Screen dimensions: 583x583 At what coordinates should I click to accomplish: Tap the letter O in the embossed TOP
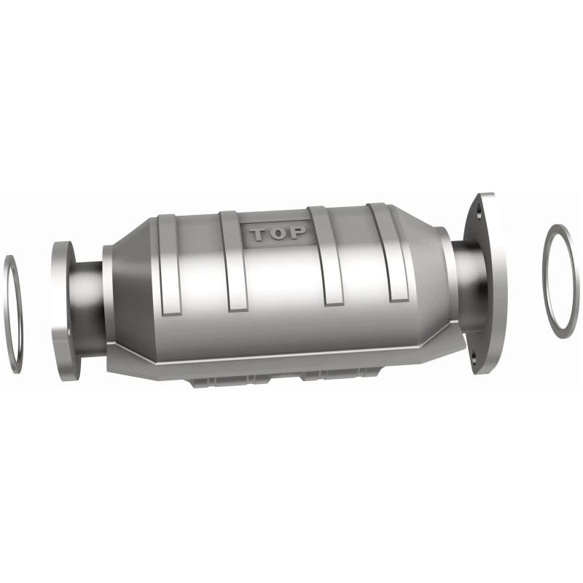[278, 234]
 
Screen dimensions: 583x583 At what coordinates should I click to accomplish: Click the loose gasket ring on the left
[13, 313]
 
